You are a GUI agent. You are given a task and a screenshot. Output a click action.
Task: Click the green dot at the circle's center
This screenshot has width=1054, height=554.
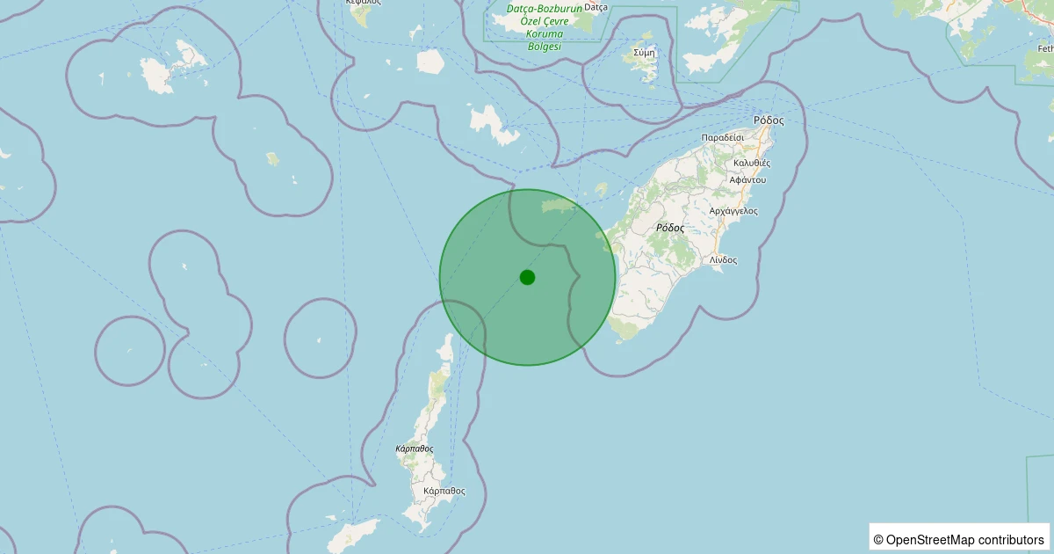point(527,277)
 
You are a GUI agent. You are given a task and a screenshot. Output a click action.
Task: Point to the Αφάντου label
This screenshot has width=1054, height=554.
point(747,179)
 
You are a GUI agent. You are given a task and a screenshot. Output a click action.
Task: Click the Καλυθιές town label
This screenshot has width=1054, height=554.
point(751,163)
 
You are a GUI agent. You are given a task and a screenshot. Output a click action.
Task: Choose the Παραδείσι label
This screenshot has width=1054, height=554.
point(723,138)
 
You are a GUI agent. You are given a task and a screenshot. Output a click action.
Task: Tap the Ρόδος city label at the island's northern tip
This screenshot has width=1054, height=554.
point(768,120)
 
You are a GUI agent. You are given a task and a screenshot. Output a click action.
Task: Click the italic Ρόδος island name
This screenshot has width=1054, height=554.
point(670,227)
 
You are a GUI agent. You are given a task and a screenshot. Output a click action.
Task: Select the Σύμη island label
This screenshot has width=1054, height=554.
point(644,53)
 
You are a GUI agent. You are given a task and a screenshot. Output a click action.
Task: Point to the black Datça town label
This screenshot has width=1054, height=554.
point(596,7)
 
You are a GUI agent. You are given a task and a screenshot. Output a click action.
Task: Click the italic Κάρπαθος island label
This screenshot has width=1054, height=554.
point(415,448)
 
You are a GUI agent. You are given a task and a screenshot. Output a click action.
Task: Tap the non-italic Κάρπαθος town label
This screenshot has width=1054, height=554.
point(444,491)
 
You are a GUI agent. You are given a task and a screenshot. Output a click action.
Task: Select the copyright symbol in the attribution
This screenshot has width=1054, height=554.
point(877,539)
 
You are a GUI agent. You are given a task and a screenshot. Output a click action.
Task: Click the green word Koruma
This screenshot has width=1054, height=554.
point(545,33)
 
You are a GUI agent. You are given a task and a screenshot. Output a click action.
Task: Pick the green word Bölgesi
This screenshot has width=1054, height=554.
point(545,46)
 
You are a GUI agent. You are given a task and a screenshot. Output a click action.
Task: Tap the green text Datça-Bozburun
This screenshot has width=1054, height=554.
point(545,9)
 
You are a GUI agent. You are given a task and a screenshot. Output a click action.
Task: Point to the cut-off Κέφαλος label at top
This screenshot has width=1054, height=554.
point(363,3)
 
